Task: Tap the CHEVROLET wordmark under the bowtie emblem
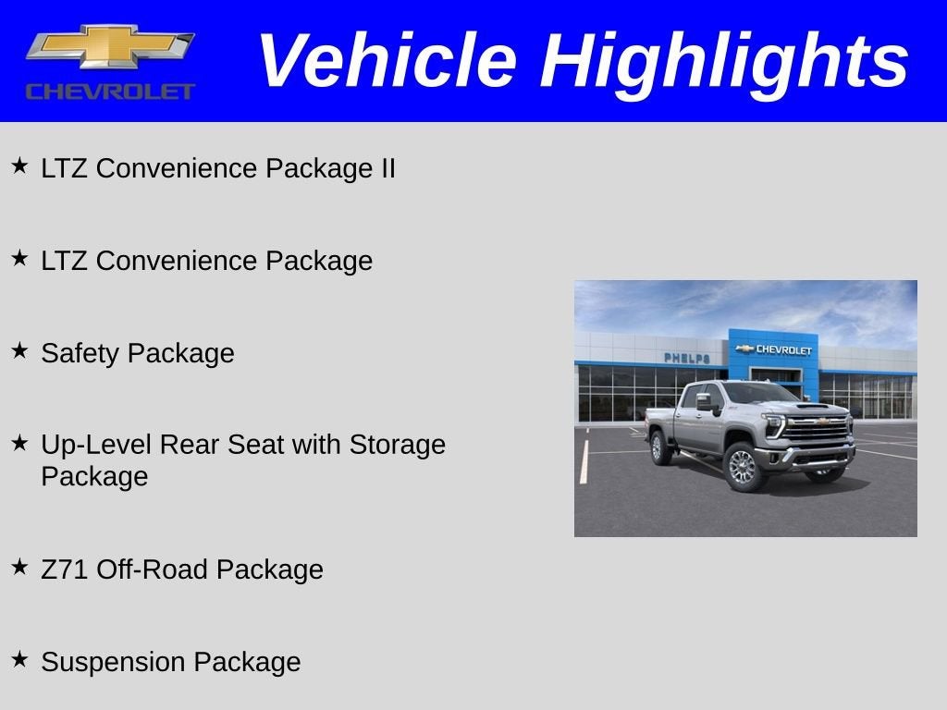tap(110, 91)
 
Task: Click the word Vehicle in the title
tap(386, 61)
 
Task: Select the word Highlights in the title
tap(724, 61)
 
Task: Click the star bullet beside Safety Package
tap(19, 350)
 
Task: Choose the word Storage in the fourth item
tap(397, 445)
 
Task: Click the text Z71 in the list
tap(65, 569)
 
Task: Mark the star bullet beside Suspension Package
tap(19, 659)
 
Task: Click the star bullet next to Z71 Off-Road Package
tap(19, 567)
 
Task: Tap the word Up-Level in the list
tap(96, 446)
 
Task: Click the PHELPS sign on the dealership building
tap(686, 358)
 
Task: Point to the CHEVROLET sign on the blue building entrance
tap(774, 349)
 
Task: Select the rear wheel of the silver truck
tap(660, 448)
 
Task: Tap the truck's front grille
tap(816, 429)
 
